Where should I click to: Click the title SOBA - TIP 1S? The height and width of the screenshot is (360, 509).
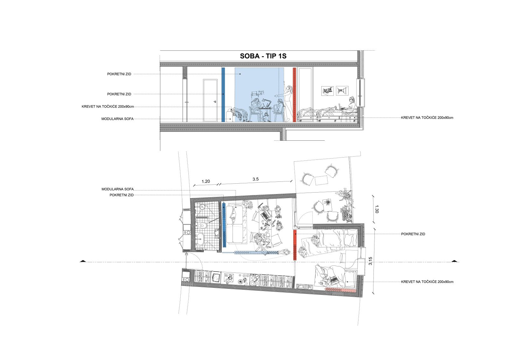[263, 56]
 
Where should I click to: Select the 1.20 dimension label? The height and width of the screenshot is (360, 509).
[206, 181]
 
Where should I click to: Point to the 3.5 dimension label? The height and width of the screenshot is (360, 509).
[255, 179]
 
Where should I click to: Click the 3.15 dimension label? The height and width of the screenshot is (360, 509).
[370, 261]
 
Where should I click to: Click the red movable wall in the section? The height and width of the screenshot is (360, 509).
[295, 95]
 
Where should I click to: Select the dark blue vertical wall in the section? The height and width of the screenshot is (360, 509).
[223, 95]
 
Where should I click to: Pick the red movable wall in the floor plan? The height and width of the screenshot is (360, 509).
[295, 245]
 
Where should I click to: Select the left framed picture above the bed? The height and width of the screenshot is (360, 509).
[327, 91]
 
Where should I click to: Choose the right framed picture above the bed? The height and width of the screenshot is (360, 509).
[342, 91]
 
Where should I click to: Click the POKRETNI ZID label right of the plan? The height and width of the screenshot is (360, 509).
[413, 234]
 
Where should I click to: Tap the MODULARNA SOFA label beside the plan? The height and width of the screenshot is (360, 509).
[117, 189]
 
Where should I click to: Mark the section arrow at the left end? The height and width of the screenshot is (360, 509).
[83, 261]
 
